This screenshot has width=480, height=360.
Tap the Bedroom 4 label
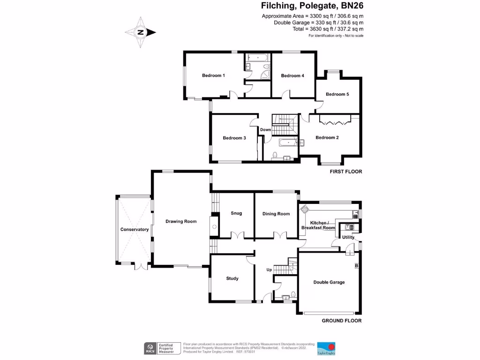click(x=292, y=75)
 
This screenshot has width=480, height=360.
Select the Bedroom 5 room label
click(x=337, y=94)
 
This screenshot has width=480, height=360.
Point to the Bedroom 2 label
click(x=327, y=137)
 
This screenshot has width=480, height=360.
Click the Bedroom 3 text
click(x=234, y=138)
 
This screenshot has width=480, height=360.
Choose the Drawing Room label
click(x=181, y=221)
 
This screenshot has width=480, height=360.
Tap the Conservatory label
click(x=134, y=229)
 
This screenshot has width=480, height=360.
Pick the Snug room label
click(x=236, y=213)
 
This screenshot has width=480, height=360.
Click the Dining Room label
click(x=276, y=214)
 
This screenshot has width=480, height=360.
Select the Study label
click(x=232, y=278)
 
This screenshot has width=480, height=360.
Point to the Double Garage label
click(x=329, y=282)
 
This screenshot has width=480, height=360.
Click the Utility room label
click(x=348, y=238)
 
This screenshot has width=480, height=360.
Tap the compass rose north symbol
click(x=140, y=32)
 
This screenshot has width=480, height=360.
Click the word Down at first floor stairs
click(x=265, y=130)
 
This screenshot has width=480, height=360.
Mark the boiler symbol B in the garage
click(x=356, y=266)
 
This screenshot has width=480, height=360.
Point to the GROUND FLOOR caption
click(x=341, y=321)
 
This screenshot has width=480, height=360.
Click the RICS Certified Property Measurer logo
click(x=162, y=348)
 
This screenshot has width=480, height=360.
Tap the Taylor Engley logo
click(x=326, y=348)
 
